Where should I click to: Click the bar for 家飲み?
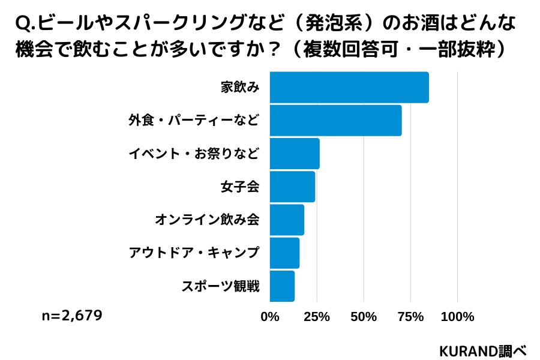tap(349, 88)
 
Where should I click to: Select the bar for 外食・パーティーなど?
tap(335, 121)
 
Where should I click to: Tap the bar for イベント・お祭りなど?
tap(295, 154)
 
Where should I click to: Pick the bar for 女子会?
tap(292, 187)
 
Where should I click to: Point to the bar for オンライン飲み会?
tap(287, 220)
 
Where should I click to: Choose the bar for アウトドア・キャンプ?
tap(284, 253)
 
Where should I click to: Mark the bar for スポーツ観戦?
tap(282, 286)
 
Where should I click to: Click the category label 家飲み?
tap(240, 88)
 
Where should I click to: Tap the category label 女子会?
tap(240, 187)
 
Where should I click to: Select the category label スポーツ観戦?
tap(220, 286)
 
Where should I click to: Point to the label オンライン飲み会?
tap(207, 220)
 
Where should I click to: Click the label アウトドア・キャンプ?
tap(194, 253)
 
